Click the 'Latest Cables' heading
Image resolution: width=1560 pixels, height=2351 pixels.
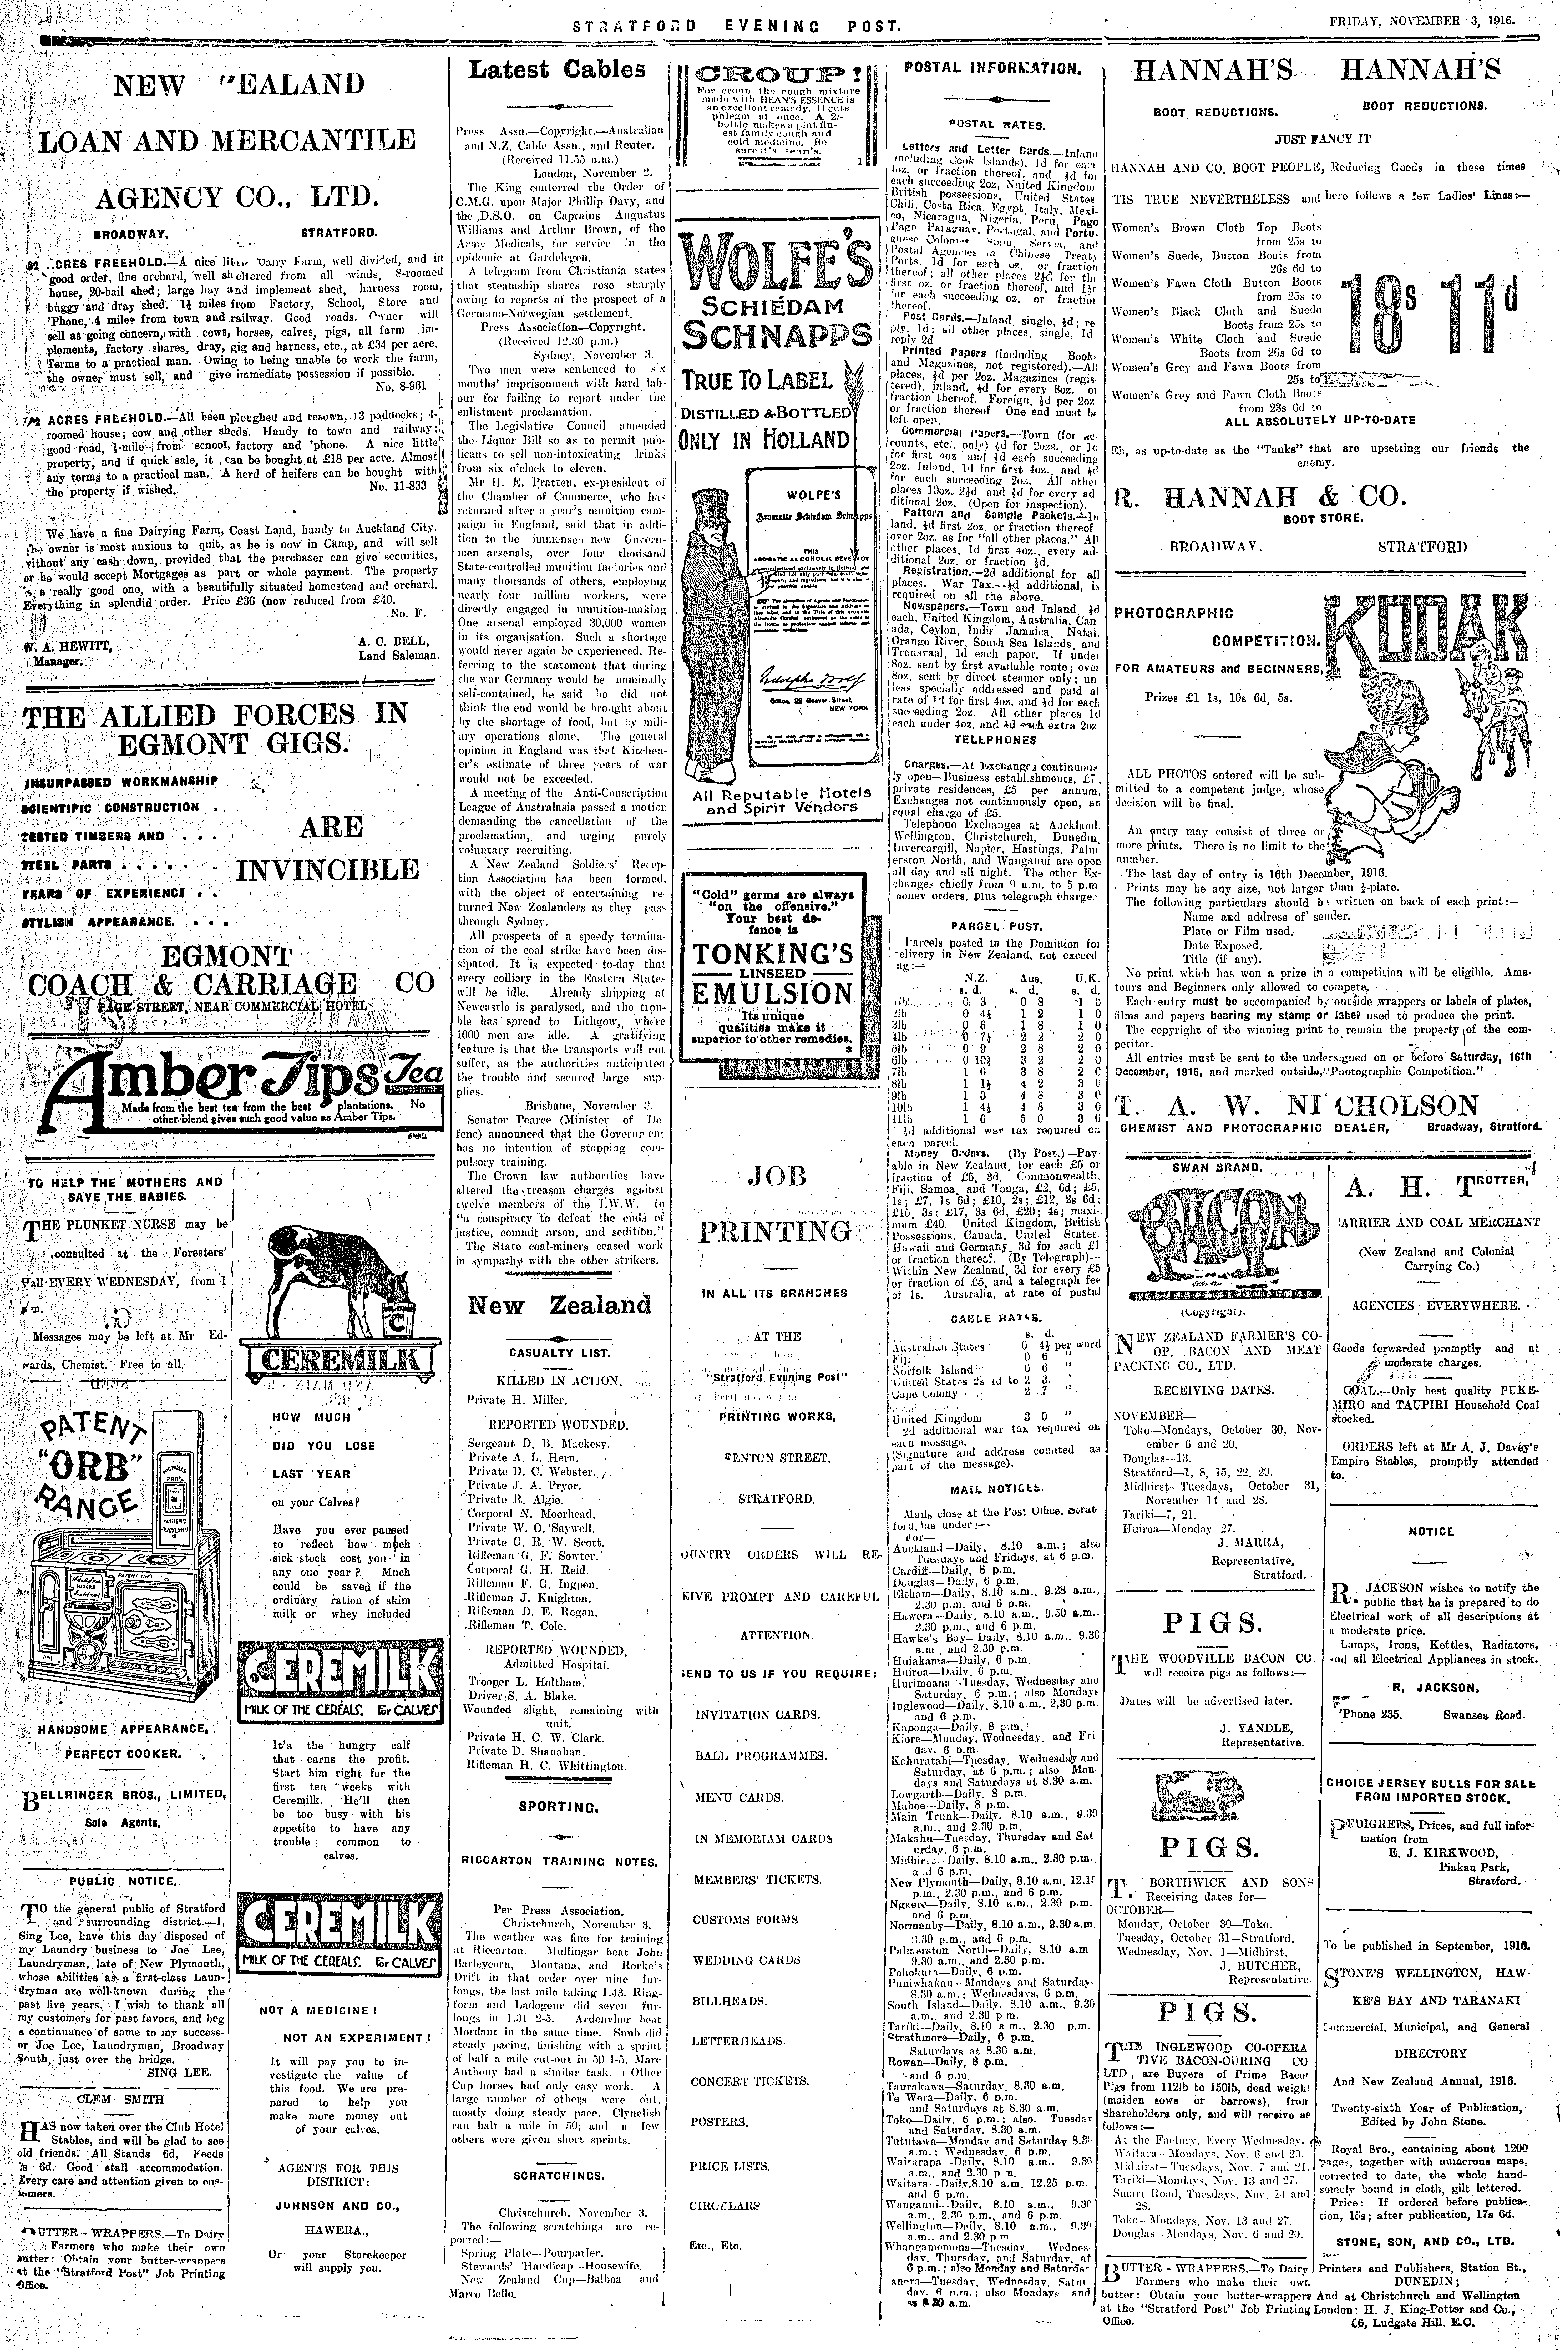click(x=557, y=70)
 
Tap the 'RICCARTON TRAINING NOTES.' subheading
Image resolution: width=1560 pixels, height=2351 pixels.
click(x=557, y=1861)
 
